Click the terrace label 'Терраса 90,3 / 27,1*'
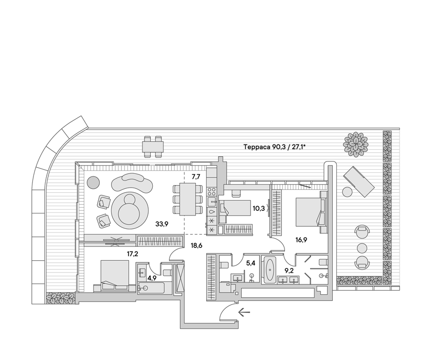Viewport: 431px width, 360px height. (x=275, y=147)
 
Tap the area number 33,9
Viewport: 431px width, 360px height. (x=161, y=224)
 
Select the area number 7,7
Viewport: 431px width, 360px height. (x=196, y=177)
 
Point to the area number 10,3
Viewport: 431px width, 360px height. (x=258, y=209)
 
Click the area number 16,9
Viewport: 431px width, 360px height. (x=301, y=240)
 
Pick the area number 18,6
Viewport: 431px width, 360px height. (x=196, y=246)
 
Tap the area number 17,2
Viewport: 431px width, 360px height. (x=133, y=254)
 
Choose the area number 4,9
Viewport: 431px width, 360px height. (x=152, y=278)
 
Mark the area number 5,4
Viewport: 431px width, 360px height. (x=250, y=263)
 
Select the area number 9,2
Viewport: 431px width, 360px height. (x=289, y=271)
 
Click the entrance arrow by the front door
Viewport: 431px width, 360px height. (x=244, y=312)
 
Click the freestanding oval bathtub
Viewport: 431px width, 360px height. (x=269, y=269)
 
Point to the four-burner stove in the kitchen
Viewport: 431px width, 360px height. (x=212, y=191)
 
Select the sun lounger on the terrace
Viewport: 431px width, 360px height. (x=358, y=182)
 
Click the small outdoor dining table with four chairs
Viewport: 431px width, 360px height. (x=153, y=147)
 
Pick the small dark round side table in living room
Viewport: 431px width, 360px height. (x=93, y=182)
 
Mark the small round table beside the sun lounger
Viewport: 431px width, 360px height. (x=347, y=191)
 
